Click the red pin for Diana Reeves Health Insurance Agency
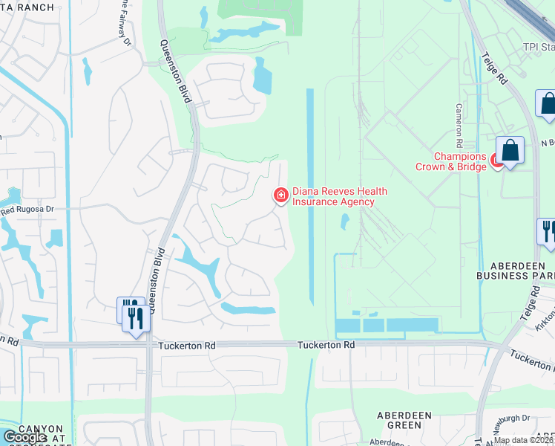click(x=281, y=195)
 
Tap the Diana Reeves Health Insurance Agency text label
click(x=339, y=196)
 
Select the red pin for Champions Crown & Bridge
click(x=495, y=161)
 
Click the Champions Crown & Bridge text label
click(x=460, y=161)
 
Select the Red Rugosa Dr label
click(x=28, y=210)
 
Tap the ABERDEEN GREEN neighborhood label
click(x=398, y=420)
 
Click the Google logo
click(x=24, y=437)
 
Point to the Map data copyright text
click(x=524, y=440)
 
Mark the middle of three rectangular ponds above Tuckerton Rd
click(x=373, y=325)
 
